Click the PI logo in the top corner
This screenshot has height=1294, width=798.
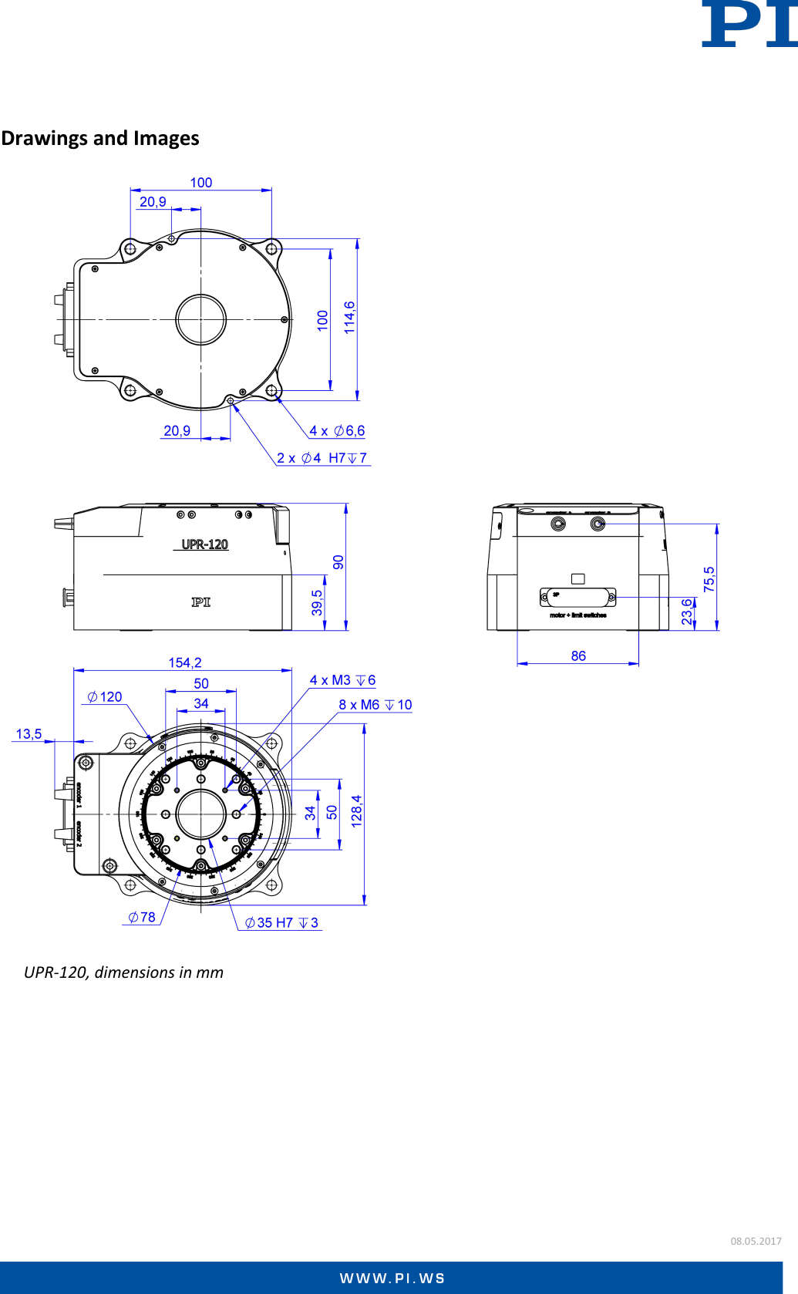point(749,25)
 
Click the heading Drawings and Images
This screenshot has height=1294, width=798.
point(100,138)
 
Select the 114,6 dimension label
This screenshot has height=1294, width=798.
point(349,317)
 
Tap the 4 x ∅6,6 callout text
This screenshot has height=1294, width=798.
point(337,430)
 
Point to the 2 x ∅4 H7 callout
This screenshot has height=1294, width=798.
point(322,458)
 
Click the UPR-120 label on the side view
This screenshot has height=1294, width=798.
point(204,544)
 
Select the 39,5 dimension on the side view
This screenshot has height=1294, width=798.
point(317,603)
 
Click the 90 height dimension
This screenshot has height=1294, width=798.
point(338,561)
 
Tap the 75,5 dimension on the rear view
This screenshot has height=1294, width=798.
point(709,579)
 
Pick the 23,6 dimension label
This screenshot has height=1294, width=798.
point(686,612)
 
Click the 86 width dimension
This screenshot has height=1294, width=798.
point(578,655)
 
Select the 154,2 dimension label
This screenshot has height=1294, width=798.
point(185,662)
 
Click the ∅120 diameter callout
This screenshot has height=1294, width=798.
point(105,696)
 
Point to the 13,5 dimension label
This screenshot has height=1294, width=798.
point(29,733)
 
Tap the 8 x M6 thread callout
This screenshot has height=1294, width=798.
point(375,705)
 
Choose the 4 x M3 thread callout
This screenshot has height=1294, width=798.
point(342,680)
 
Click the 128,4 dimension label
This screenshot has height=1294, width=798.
point(356,811)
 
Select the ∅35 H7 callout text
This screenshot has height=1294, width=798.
point(281,922)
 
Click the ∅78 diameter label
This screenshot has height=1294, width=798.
point(142,917)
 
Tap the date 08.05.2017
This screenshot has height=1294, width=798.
point(756,1241)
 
